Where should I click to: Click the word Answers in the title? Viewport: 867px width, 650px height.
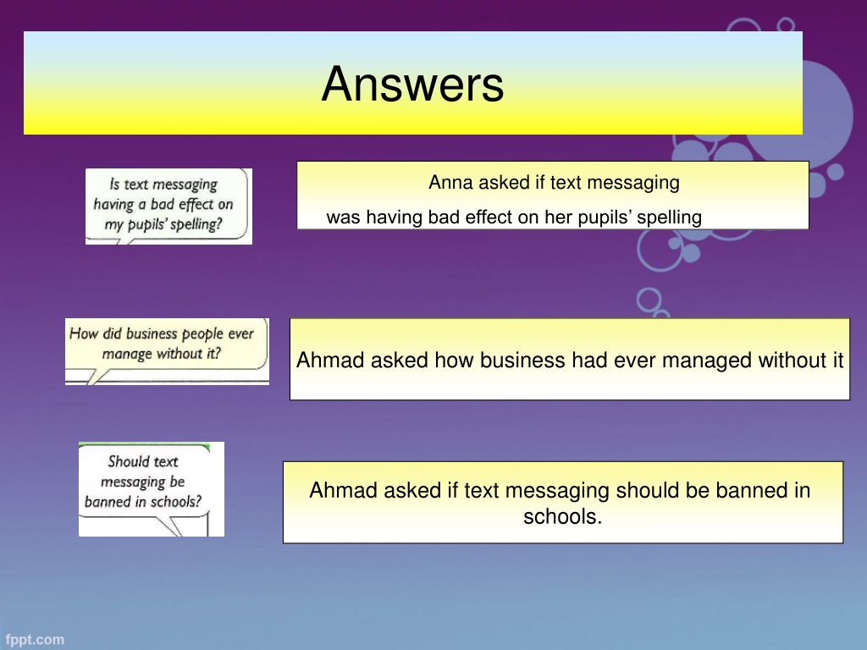pyautogui.click(x=412, y=84)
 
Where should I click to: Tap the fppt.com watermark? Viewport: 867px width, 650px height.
pyautogui.click(x=35, y=640)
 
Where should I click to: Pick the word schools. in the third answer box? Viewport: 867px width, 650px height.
pyautogui.click(x=562, y=517)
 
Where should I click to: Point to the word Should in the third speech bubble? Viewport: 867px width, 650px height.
pyautogui.click(x=129, y=461)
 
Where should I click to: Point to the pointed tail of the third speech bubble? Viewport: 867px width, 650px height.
pyautogui.click(x=180, y=535)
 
